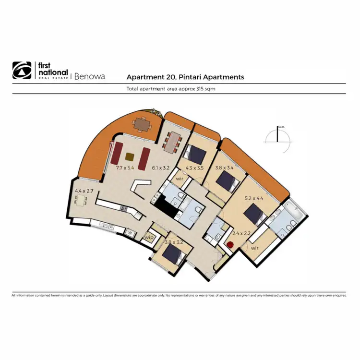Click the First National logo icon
pyautogui.click(x=22, y=70)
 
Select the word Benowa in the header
pyautogui.click(x=90, y=76)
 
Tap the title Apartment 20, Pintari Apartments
pyautogui.click(x=185, y=77)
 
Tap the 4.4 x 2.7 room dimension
pyautogui.click(x=84, y=191)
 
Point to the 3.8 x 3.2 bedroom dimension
pyautogui.click(x=174, y=243)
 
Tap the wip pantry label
pyautogui.click(x=149, y=237)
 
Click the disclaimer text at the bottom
pyautogui.click(x=179, y=296)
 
